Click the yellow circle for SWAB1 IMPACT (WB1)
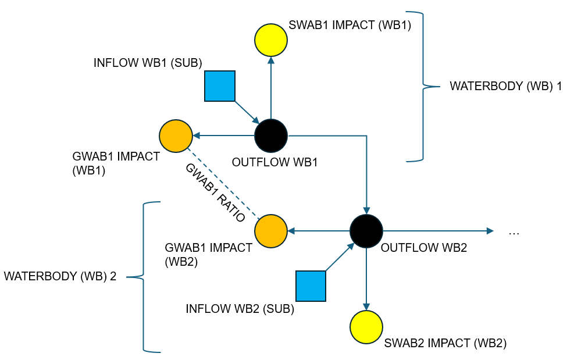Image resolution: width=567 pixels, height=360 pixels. pyautogui.click(x=271, y=40)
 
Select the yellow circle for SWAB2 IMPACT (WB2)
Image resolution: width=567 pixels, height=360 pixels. pyautogui.click(x=366, y=327)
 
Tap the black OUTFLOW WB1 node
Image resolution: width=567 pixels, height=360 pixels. pyautogui.click(x=271, y=136)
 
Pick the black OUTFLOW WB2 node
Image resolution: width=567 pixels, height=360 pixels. pyautogui.click(x=366, y=231)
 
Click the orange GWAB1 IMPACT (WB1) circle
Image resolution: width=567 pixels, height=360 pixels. pyautogui.click(x=176, y=136)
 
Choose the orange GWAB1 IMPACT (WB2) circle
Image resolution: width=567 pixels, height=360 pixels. pyautogui.click(x=271, y=231)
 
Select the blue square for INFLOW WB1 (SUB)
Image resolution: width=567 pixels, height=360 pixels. pyautogui.click(x=220, y=86)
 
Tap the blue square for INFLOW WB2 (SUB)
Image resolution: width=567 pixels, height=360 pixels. pyautogui.click(x=311, y=286)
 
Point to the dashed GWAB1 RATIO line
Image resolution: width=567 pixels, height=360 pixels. pyautogui.click(x=223, y=183)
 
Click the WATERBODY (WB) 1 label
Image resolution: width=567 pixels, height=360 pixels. pyautogui.click(x=505, y=87)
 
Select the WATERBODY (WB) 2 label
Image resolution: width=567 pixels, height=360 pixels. pyautogui.click(x=60, y=276)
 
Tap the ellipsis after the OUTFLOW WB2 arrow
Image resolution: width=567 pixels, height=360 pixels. pyautogui.click(x=513, y=232)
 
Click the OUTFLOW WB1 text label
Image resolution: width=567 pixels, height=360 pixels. pyautogui.click(x=274, y=162)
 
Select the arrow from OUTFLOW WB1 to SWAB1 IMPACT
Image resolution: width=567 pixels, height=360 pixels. pyautogui.click(x=271, y=87)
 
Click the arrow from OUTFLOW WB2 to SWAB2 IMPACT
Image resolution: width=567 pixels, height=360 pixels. pyautogui.click(x=366, y=279)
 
